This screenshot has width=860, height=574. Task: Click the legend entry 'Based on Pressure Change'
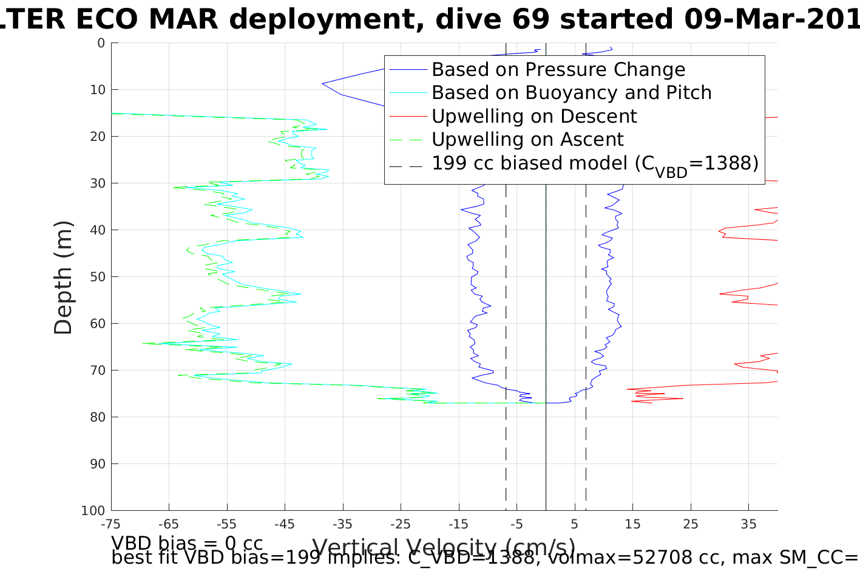(558, 70)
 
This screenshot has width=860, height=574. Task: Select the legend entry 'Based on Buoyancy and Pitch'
(571, 93)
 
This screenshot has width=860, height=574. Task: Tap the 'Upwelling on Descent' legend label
(534, 116)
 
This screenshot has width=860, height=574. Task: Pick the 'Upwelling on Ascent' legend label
(527, 139)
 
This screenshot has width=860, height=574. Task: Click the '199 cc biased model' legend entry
(595, 163)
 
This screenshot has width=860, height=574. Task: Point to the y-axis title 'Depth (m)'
(63, 277)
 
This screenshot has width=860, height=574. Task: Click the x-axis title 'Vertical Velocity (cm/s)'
(443, 547)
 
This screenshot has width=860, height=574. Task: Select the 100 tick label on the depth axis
(93, 511)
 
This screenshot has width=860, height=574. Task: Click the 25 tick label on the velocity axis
(691, 524)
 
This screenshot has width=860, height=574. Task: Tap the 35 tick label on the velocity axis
(748, 524)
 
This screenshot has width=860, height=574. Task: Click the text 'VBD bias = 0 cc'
(187, 542)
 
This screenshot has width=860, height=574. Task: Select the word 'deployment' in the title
(328, 19)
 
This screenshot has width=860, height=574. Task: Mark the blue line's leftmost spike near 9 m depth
(323, 83)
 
